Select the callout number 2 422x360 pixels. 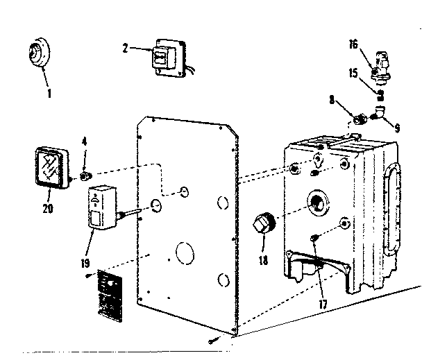pos(126,49)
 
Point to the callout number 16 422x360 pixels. pos(353,44)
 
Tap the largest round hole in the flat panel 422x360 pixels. pos(185,253)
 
